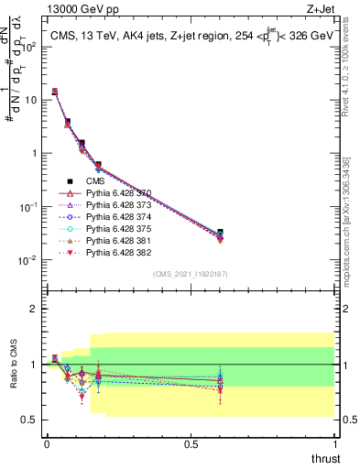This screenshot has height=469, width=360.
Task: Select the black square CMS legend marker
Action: (69, 180)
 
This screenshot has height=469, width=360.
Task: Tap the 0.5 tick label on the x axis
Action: (191, 442)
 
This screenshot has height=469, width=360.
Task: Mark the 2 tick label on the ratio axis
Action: (33, 309)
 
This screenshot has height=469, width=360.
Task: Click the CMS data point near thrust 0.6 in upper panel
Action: (220, 233)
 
